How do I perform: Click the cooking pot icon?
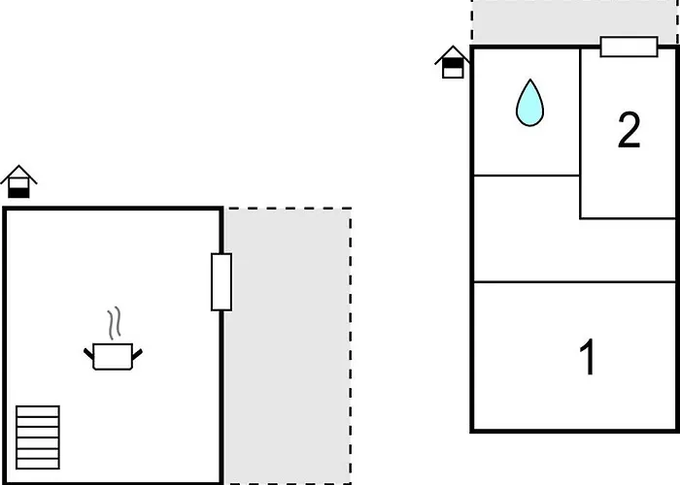click(113, 356)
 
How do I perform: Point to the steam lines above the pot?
click(114, 323)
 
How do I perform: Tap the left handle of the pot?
click(89, 353)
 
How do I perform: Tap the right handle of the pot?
click(137, 354)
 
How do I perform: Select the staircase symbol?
click(38, 437)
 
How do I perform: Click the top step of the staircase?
click(38, 411)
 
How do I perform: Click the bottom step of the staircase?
click(38, 464)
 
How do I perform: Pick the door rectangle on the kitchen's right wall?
click(221, 282)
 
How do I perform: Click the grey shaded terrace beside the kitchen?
click(288, 346)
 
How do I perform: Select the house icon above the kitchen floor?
click(18, 181)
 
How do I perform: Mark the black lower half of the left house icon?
click(18, 193)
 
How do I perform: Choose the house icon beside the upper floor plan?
click(453, 62)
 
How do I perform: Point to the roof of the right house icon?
click(453, 53)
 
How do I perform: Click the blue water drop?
click(529, 103)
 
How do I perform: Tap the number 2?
click(629, 130)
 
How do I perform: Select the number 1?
click(588, 357)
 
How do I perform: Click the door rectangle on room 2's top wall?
click(629, 47)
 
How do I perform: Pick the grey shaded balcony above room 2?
click(575, 21)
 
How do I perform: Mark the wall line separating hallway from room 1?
click(575, 282)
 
